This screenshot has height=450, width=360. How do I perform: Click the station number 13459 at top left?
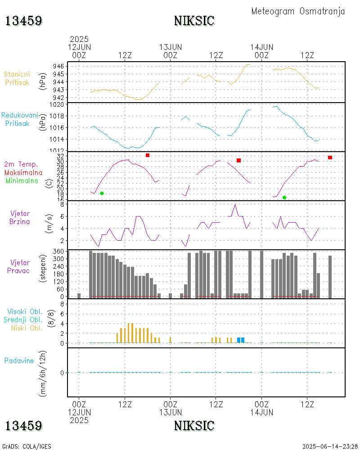pos(24,21)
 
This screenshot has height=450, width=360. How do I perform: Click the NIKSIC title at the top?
pos(194,21)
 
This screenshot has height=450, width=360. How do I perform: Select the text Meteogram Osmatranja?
pos(298,11)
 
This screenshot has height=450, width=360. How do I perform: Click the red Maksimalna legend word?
pos(23,172)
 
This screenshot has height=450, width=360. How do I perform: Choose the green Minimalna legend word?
pos(22,180)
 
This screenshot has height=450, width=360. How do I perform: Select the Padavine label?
pos(19,360)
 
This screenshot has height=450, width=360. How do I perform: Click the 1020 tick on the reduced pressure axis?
pos(59,104)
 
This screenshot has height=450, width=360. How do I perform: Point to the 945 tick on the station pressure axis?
pos(59,74)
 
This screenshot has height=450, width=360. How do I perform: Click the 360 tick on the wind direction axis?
pos(59,251)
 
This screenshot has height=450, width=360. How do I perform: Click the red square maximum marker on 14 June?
pos(330,157)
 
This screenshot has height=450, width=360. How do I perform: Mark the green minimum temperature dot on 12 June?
pos(102,193)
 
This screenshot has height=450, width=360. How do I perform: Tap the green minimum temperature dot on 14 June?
pos(284,198)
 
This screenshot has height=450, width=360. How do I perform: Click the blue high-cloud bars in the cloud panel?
pos(241,340)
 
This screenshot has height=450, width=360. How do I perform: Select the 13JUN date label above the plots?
pos(171,47)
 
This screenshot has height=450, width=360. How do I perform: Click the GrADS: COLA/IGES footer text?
pos(27,446)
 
